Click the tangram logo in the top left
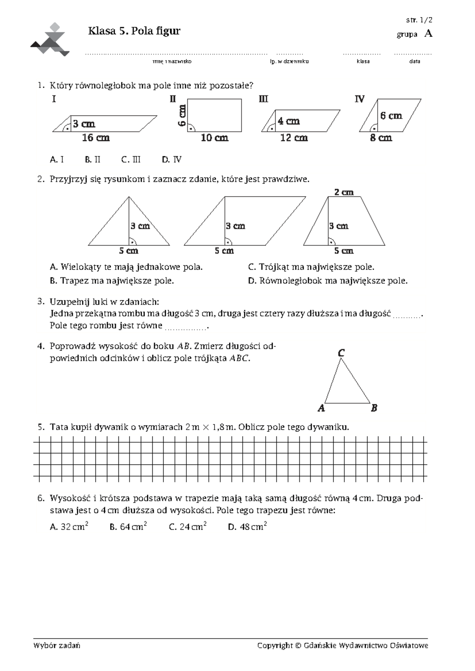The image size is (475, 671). tap(50, 40)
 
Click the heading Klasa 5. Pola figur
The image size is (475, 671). tap(134, 31)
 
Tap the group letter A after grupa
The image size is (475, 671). tap(428, 34)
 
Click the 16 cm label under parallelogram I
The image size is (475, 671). tap(95, 138)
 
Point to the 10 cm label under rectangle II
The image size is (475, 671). tap(215, 138)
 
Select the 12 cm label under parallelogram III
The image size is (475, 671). tap(294, 138)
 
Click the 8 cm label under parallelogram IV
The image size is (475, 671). tap(381, 138)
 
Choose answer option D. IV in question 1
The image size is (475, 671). tap(171, 160)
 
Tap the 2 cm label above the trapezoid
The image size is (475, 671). tap(344, 192)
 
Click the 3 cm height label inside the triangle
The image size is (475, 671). tap(141, 226)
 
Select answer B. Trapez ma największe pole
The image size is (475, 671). tap(112, 281)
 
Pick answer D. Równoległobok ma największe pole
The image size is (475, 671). tap(327, 281)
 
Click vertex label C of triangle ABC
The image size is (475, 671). tap(341, 353)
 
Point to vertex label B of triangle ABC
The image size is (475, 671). tap(374, 408)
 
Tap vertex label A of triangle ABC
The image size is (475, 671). tap(321, 408)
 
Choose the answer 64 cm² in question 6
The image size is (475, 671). tap(129, 527)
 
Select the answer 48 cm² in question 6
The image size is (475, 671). tap(247, 527)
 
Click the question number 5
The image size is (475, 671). tap(40, 427)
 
